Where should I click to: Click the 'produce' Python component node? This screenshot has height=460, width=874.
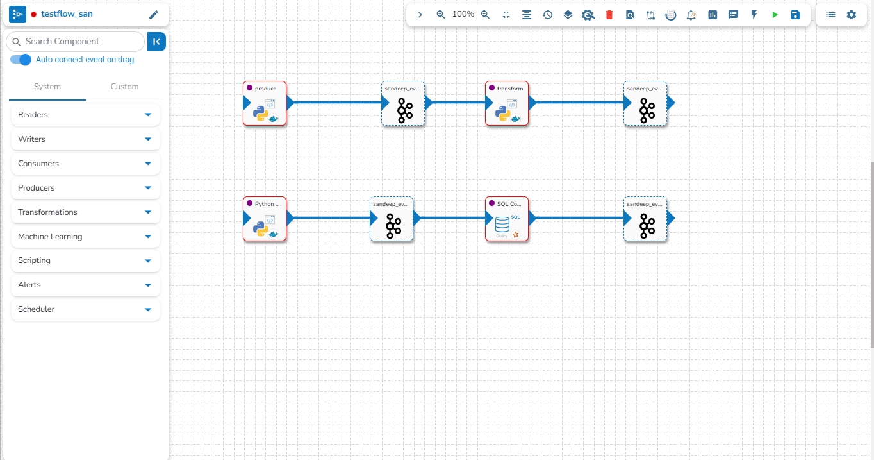click(x=265, y=103)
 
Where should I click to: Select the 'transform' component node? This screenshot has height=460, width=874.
click(x=507, y=103)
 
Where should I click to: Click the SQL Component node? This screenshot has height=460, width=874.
click(x=507, y=219)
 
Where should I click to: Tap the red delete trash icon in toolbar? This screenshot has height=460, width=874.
click(x=609, y=15)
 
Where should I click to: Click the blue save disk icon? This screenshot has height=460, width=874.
click(x=795, y=15)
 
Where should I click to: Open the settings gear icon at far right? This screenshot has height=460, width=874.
click(x=851, y=15)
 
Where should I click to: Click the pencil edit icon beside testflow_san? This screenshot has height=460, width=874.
click(x=153, y=15)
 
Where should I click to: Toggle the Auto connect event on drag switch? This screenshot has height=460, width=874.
click(x=21, y=60)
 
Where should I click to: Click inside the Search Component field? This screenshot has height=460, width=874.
click(x=77, y=42)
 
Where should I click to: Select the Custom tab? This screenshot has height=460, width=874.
click(x=124, y=87)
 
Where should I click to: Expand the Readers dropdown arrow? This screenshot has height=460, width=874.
click(x=148, y=115)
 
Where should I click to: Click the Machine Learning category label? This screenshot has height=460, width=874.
click(x=50, y=237)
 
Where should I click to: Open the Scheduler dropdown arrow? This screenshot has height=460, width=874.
click(x=148, y=309)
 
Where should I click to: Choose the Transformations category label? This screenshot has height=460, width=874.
click(x=47, y=212)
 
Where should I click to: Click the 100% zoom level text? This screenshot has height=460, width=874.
click(x=463, y=14)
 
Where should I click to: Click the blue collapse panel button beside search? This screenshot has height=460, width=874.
click(x=156, y=42)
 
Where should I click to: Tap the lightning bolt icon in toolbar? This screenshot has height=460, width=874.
click(x=754, y=15)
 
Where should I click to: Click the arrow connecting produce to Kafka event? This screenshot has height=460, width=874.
click(x=336, y=103)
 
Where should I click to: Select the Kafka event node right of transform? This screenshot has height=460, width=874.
click(x=646, y=103)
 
